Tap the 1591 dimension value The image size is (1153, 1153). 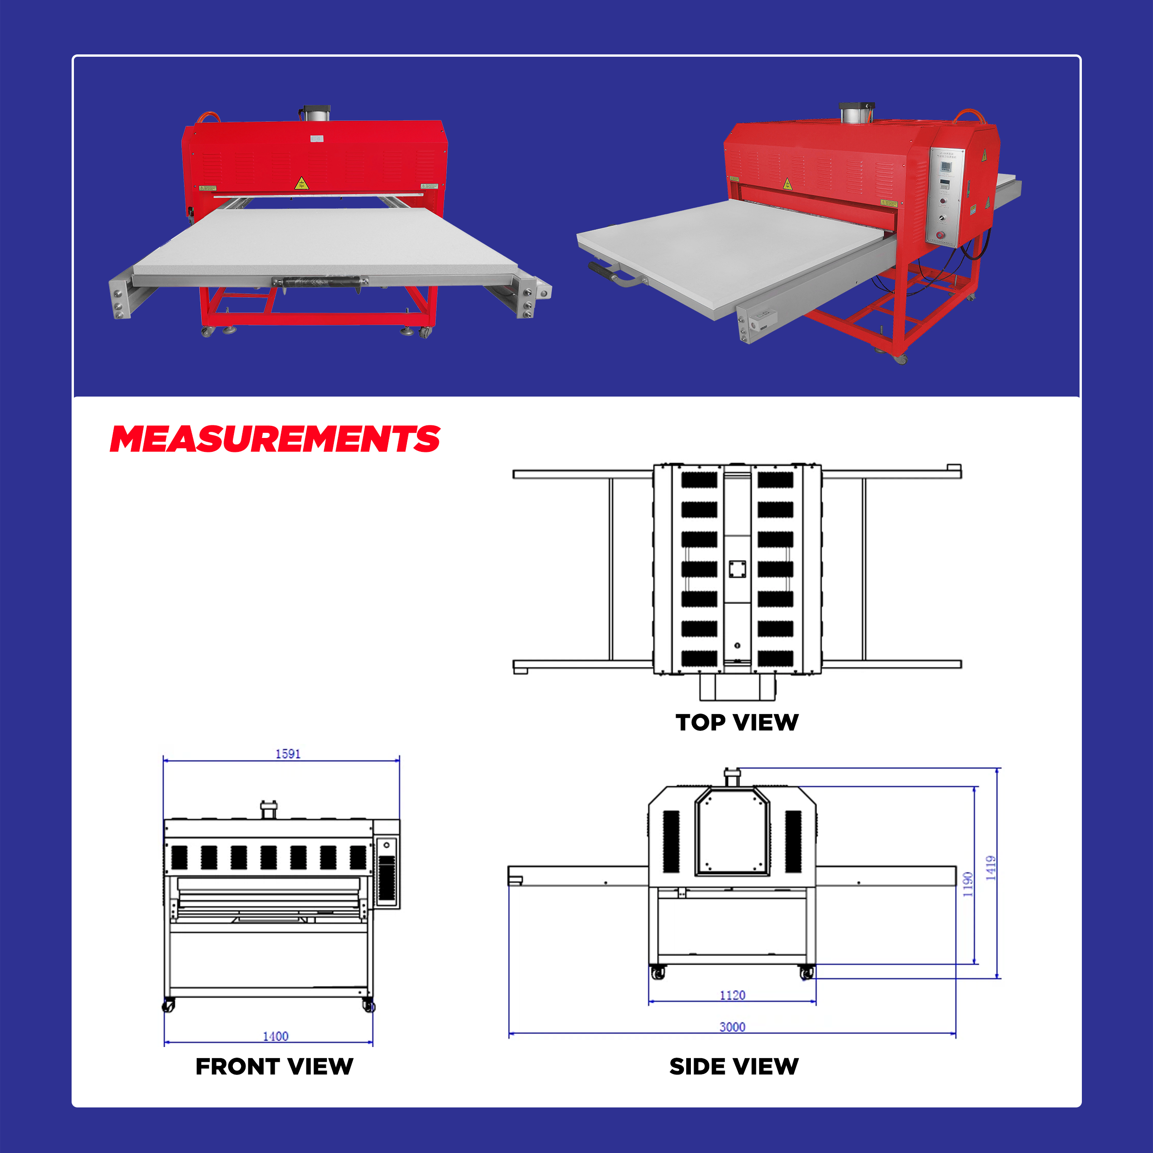tap(288, 754)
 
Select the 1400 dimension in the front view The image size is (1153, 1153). tap(275, 1036)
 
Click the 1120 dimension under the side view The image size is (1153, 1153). tap(732, 995)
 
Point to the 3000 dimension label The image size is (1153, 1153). tap(732, 1027)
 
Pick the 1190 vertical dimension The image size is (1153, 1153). tap(968, 884)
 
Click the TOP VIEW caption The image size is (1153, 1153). tap(737, 722)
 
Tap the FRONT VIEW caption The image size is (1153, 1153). tap(274, 1067)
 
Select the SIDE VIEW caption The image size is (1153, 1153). tap(734, 1067)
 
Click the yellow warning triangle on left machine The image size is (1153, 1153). tap(301, 183)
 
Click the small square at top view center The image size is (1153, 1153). tap(737, 569)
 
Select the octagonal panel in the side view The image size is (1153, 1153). tap(732, 831)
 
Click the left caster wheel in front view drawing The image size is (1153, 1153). tap(168, 1006)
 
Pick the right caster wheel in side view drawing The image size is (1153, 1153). tap(807, 974)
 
